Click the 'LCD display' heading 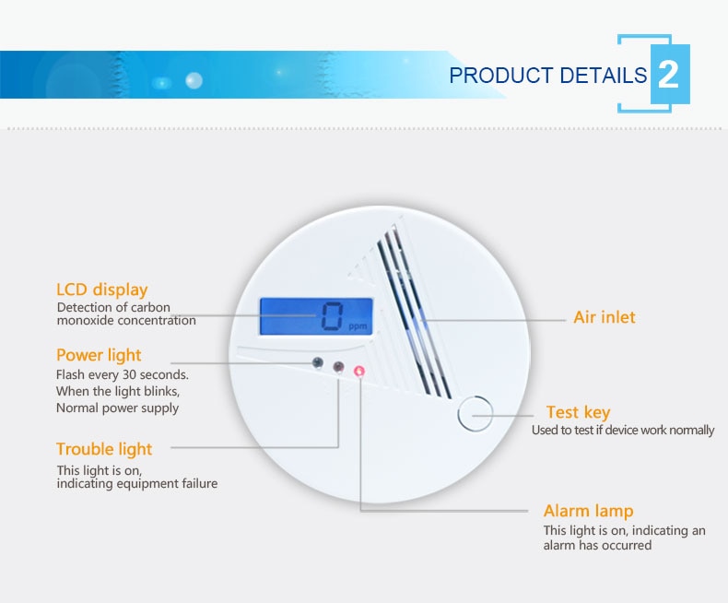pyautogui.click(x=101, y=290)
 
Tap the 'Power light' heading pyautogui.click(x=99, y=355)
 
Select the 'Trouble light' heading pyautogui.click(x=104, y=449)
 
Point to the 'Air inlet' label pyautogui.click(x=604, y=317)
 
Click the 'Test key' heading pyautogui.click(x=578, y=412)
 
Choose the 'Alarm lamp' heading pyautogui.click(x=588, y=511)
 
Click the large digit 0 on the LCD pyautogui.click(x=333, y=316)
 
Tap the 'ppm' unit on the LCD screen pyautogui.click(x=358, y=326)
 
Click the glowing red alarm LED pyautogui.click(x=359, y=371)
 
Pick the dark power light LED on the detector pyautogui.click(x=318, y=362)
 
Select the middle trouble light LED pyautogui.click(x=338, y=367)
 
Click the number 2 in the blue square pyautogui.click(x=669, y=75)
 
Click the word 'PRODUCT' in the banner pyautogui.click(x=500, y=76)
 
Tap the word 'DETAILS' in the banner pyautogui.click(x=603, y=76)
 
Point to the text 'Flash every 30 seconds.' pyautogui.click(x=123, y=374)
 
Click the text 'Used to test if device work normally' pyautogui.click(x=623, y=431)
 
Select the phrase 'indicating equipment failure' pyautogui.click(x=137, y=484)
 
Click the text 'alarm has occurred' pyautogui.click(x=597, y=545)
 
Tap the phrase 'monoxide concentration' pyautogui.click(x=126, y=321)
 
